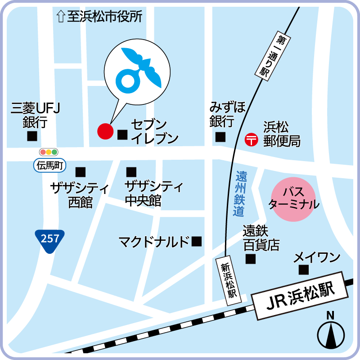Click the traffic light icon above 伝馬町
click(x=49, y=152)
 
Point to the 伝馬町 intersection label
click(x=49, y=166)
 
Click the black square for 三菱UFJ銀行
click(x=32, y=136)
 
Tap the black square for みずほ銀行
click(x=220, y=137)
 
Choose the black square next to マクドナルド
click(x=197, y=242)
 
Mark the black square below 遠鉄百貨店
click(x=251, y=259)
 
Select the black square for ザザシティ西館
click(x=81, y=171)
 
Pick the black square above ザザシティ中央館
click(x=131, y=171)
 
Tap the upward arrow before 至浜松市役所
click(x=60, y=18)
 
